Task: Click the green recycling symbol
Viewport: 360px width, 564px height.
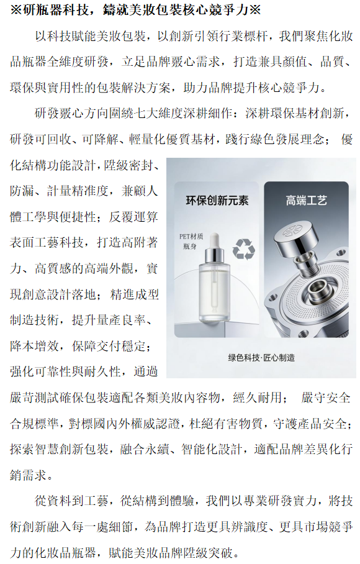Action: pos(243,249)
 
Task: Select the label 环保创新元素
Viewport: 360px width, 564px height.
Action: pos(217,201)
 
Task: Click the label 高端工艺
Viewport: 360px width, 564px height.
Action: pos(306,200)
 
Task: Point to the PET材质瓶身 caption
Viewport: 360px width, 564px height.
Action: pos(191,241)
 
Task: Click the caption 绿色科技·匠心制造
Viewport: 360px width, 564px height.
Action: pos(261,358)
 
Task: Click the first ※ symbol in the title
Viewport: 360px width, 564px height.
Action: pos(16,10)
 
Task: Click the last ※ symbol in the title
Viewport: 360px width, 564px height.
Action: pos(254,10)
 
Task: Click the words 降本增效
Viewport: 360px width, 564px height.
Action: pos(35,345)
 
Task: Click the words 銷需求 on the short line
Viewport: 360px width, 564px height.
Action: pos(29,475)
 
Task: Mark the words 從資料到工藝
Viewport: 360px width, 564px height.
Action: pos(71,501)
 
